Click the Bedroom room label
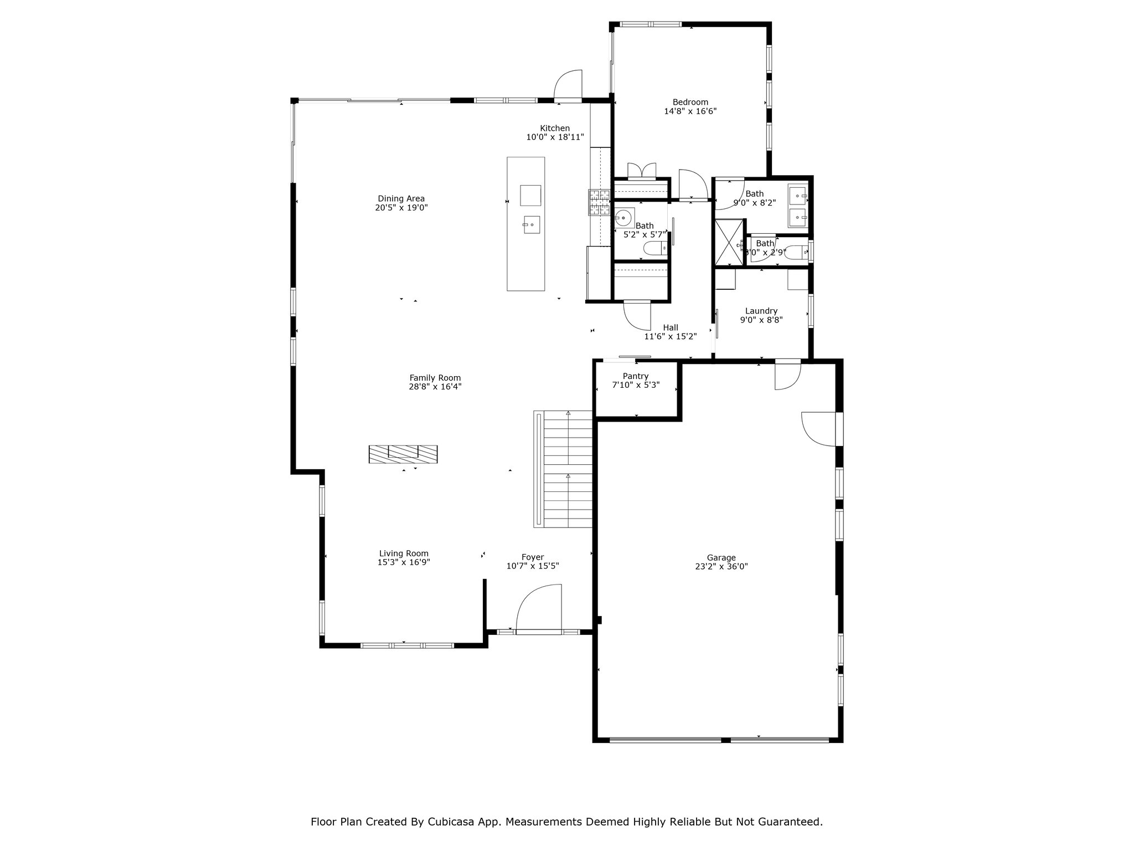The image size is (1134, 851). tap(690, 102)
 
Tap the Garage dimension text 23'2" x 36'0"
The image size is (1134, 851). tap(721, 567)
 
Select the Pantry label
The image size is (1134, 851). tap(636, 376)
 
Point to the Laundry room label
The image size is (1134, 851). tap(761, 311)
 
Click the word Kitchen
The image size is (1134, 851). tap(555, 128)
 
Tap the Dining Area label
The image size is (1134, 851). tap(401, 198)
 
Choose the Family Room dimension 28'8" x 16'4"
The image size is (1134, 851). tap(435, 387)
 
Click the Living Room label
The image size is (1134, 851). tap(404, 553)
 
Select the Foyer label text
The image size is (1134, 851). tap(533, 557)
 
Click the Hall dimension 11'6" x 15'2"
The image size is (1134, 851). tap(671, 336)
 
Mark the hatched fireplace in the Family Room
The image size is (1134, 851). tap(403, 454)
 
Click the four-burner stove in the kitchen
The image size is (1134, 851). tap(599, 202)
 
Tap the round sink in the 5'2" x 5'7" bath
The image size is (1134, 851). tap(624, 218)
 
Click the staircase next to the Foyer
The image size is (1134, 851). tap(564, 469)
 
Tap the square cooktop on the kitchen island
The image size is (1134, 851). tap(530, 194)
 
